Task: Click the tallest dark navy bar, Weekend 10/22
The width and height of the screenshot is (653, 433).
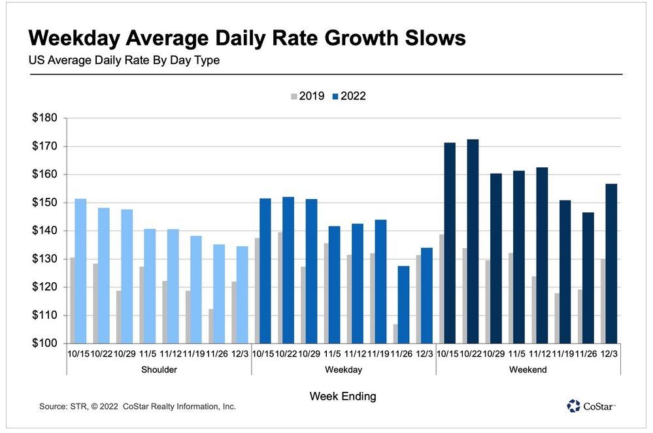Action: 473,241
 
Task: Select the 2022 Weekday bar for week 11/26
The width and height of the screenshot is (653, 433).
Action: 403,305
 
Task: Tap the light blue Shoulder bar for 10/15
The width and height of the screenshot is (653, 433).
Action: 81,271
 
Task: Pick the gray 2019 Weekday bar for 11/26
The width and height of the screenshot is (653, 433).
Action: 395,334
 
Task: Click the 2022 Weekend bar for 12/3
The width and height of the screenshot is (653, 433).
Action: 611,264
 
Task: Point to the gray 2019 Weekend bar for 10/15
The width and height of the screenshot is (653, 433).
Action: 441,289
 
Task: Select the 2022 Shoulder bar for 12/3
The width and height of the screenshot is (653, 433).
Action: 243,295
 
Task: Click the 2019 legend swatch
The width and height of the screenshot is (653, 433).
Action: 294,97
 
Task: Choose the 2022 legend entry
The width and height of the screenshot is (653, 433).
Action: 349,96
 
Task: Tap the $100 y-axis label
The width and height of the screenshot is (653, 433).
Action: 44,343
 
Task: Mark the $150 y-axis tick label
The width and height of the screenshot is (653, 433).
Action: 44,202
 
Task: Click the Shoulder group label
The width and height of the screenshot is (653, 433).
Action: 159,370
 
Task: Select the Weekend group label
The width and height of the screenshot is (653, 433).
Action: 528,370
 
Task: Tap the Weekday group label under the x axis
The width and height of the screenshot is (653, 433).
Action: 344,370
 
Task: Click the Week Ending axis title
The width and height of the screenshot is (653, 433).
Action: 343,396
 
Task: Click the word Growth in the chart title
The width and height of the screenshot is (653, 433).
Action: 361,38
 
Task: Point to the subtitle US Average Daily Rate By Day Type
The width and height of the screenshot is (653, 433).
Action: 124,60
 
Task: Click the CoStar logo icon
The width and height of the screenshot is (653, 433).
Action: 573,406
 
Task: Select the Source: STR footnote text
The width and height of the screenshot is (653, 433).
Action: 137,406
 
